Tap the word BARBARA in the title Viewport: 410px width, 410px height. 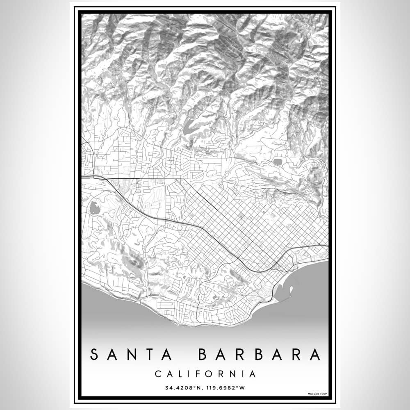(260, 355)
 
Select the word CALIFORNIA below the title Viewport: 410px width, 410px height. (205, 374)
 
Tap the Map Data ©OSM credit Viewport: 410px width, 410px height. (317, 394)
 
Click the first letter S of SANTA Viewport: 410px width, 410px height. (94, 355)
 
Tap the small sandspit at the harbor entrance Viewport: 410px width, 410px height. (291, 290)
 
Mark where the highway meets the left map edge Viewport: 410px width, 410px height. (82, 177)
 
